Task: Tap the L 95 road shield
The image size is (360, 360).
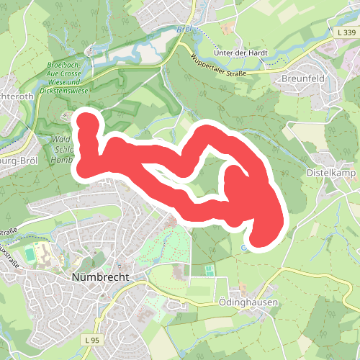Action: [91, 338]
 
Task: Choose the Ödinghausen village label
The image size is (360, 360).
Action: [247, 303]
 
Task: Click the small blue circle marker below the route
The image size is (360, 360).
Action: [243, 248]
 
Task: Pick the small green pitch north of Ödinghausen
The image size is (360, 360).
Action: [209, 270]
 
